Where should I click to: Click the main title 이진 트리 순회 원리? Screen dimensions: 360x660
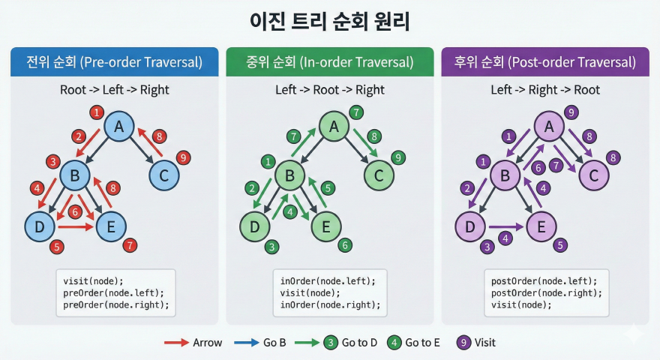coord(329,21)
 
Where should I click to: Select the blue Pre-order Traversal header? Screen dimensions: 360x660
coord(115,62)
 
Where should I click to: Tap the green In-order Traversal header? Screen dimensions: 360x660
coord(330,62)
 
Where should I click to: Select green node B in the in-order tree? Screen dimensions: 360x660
coord(289,175)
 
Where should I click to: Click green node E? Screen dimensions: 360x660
coord(325,226)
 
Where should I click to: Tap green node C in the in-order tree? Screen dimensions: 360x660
coord(379,175)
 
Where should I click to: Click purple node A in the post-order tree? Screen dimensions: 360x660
coord(549,127)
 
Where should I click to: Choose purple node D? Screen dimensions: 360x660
coord(470,226)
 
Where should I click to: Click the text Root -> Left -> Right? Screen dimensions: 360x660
coord(115,90)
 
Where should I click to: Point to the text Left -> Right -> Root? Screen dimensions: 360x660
coord(545,90)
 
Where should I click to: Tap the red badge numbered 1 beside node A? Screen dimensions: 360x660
coord(95,112)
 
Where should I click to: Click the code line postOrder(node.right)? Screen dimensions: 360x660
coord(546,292)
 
